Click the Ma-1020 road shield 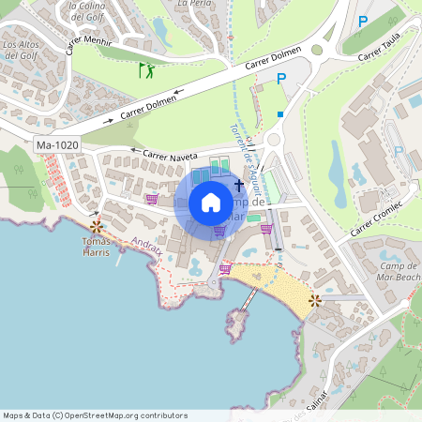pos(55,145)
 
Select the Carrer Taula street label pos(379,57)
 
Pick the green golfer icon pos(145,70)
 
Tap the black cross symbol pos(239,186)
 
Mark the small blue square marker pos(279,114)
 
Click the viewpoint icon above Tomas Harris pos(96,226)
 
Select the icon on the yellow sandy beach pos(314,300)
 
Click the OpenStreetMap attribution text pos(94,415)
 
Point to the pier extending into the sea pos(248,300)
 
